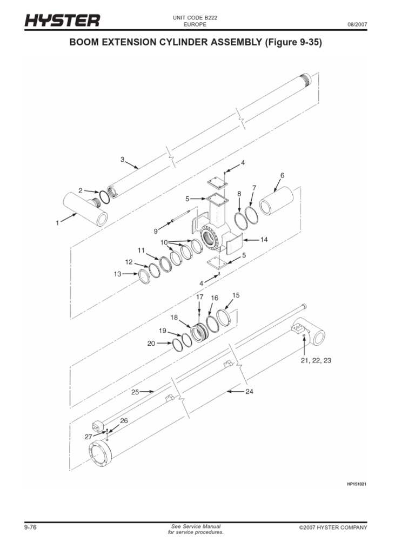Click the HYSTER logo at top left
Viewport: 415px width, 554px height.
[62, 21]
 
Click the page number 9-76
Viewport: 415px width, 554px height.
[30, 527]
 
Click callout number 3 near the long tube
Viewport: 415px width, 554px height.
[122, 160]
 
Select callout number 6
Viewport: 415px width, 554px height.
[282, 175]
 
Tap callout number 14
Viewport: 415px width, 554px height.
[264, 239]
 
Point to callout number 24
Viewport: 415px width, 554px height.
[249, 391]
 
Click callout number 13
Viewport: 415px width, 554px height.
[117, 274]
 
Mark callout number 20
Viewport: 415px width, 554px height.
[151, 343]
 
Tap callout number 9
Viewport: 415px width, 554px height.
[156, 231]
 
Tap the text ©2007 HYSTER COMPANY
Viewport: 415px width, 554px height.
[332, 527]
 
